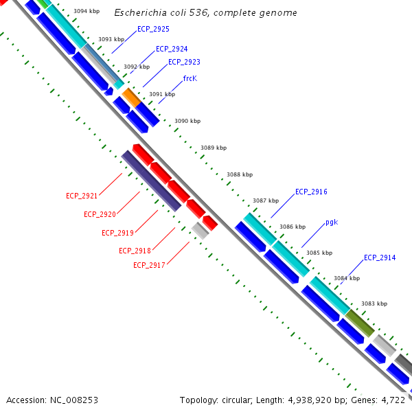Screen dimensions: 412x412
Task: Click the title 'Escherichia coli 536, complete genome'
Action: coord(205,13)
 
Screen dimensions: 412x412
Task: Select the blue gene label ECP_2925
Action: coord(153,29)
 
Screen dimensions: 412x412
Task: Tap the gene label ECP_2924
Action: coord(172,49)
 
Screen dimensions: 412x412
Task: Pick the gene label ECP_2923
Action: coord(184,62)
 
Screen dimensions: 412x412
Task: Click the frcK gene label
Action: coord(190,78)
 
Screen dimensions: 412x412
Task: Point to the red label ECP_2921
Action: coord(82,196)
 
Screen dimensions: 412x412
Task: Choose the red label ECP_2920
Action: coord(100,214)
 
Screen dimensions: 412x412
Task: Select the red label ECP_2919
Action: coord(117,233)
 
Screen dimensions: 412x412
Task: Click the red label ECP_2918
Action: coord(135,251)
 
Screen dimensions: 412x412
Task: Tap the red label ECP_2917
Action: coord(149,265)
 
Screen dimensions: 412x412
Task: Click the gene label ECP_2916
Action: coord(311,192)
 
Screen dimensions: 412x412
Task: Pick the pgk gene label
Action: coord(332,222)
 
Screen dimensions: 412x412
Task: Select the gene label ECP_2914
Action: coord(380,257)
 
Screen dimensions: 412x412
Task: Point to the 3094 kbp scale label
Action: coord(85,12)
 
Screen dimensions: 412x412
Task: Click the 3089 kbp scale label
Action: coord(214,148)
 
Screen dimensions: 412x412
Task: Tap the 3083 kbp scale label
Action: coord(374,304)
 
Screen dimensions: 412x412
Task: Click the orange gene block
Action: coord(131,97)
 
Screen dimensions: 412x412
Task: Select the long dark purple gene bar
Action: coord(151,181)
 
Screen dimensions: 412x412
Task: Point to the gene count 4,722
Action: coord(396,400)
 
